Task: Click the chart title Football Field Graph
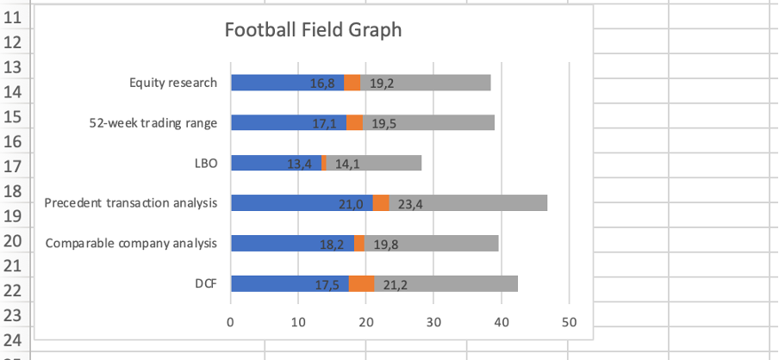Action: (x=313, y=30)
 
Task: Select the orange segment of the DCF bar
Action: (x=361, y=284)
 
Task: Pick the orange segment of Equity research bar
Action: (x=352, y=83)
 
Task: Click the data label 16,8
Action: (x=322, y=84)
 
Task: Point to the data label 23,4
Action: (x=410, y=204)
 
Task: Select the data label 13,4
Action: (x=299, y=164)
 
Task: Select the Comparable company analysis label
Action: (x=131, y=244)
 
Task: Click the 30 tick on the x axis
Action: (x=433, y=322)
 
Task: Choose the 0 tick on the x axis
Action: (x=230, y=322)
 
